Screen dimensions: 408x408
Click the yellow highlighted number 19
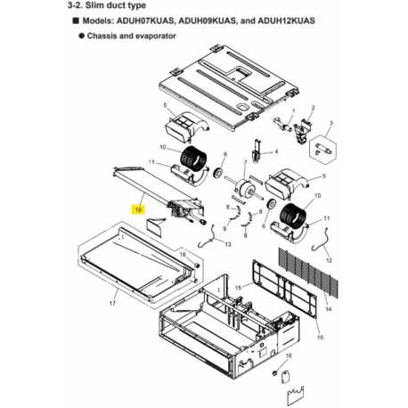pos(138,210)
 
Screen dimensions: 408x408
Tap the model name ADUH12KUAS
pos(286,20)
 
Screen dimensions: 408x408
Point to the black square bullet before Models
pos(76,20)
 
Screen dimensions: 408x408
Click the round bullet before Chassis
pos(82,36)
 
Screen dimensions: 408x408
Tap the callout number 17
pos(112,304)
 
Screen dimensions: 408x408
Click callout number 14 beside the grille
pos(328,309)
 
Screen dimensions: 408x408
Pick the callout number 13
pos(228,244)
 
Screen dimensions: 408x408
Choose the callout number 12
pos(329,260)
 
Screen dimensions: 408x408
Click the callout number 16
pos(289,355)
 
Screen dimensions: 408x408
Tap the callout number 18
pos(183,255)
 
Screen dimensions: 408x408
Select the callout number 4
pos(276,151)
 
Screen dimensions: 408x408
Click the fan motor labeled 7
pos(244,186)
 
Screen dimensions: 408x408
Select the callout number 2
pos(313,108)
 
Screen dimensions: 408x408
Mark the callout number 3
pos(331,123)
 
